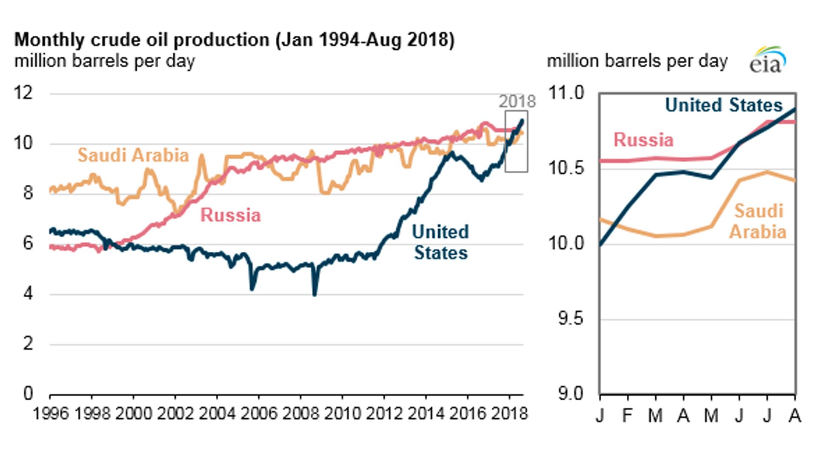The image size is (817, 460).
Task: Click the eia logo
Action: tap(767, 61)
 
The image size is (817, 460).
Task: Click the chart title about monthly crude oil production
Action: tap(234, 40)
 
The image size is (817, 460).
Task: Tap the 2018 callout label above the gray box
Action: tap(517, 101)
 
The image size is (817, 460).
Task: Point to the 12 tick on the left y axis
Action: tap(23, 92)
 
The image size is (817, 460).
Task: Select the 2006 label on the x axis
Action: tap(258, 413)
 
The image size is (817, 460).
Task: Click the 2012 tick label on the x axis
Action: tap(384, 413)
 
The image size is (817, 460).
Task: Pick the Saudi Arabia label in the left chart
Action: tap(133, 155)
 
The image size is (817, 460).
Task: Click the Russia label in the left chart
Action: tap(230, 215)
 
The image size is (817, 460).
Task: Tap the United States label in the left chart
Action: tap(440, 242)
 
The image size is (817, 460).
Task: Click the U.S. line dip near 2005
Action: tap(252, 289)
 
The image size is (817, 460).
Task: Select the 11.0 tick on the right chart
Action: tap(566, 92)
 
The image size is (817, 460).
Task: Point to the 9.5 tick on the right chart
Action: tap(570, 319)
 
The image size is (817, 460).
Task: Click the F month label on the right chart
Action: tap(627, 415)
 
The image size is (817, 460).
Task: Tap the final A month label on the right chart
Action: tap(794, 415)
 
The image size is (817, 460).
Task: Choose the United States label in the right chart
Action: tap(723, 105)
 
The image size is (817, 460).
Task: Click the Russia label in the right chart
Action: tap(643, 140)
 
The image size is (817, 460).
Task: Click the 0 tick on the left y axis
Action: tap(28, 393)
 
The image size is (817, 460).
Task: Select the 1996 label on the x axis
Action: tap(50, 413)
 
